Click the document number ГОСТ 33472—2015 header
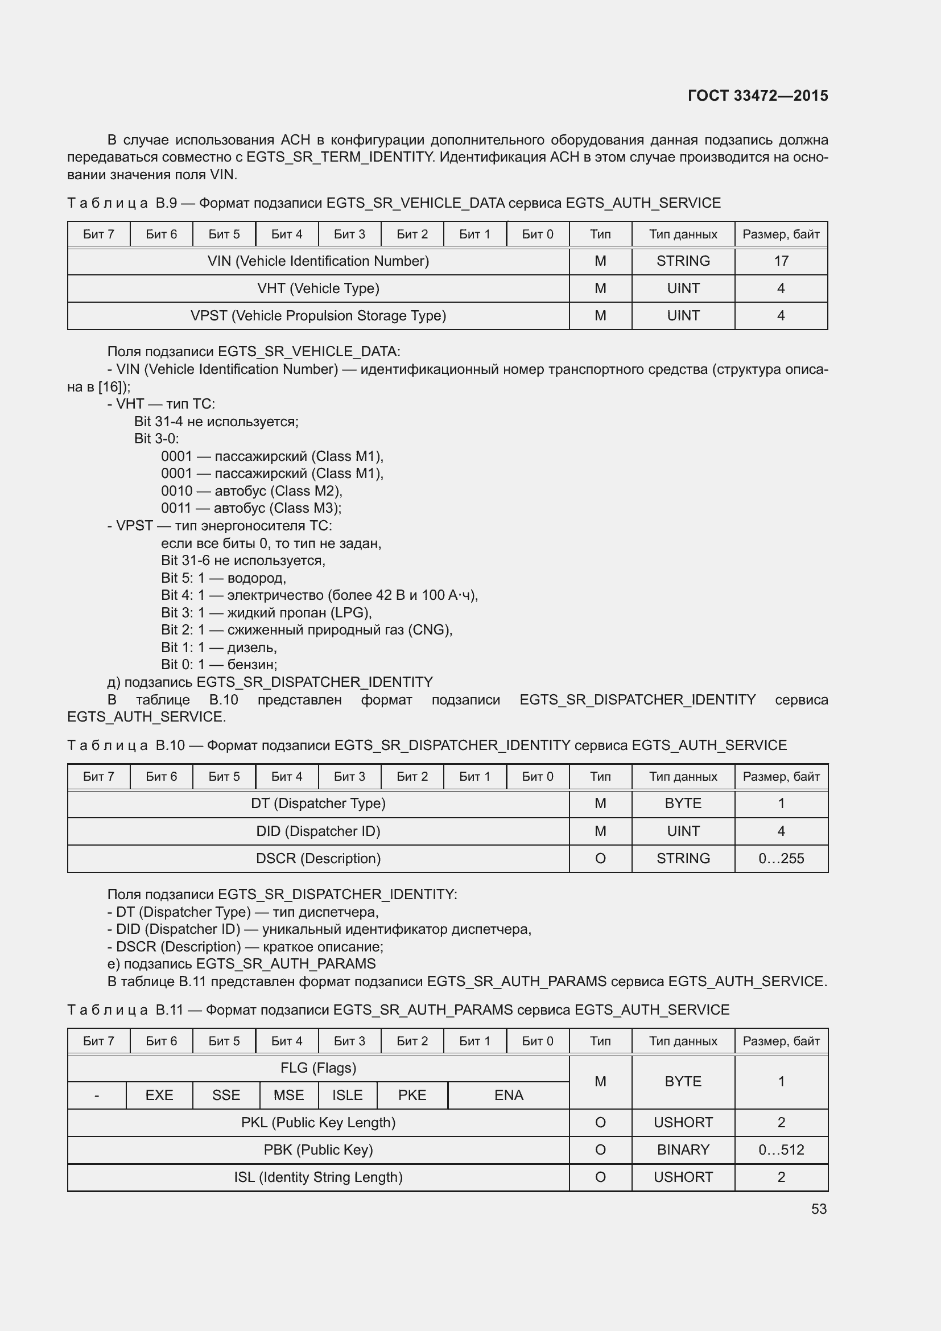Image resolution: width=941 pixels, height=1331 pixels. coord(757,96)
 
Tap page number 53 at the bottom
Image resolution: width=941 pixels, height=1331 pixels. coord(819,1209)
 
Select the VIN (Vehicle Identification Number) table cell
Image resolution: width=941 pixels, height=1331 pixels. coord(318,261)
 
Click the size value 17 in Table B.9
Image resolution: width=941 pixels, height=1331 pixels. coord(781,261)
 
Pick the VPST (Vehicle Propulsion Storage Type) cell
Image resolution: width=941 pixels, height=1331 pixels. coord(318,315)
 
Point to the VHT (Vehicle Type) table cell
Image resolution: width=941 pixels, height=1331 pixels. coord(318,288)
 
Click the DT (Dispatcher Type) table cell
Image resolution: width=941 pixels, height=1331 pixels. coord(318,803)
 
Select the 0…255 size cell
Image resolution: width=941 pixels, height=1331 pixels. coord(781,858)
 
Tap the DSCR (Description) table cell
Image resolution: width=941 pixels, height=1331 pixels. coord(318,858)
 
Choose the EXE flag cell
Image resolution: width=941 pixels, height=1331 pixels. coord(159,1094)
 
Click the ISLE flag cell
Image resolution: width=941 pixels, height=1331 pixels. coord(347,1094)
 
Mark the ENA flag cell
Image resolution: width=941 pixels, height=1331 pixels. coord(508,1094)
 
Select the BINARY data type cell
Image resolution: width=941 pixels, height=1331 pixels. coord(683,1149)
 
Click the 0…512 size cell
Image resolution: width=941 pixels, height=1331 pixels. coord(781,1149)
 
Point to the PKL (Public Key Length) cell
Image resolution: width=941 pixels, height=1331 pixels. coord(318,1122)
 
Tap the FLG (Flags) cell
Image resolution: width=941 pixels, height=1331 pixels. coord(318,1068)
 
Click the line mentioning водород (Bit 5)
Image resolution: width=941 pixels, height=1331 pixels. coord(224,578)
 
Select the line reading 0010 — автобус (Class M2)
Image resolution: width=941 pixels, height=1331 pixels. coord(251,491)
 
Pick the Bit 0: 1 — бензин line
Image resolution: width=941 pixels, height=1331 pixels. coord(219,664)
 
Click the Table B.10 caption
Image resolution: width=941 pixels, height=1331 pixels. coord(427,745)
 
